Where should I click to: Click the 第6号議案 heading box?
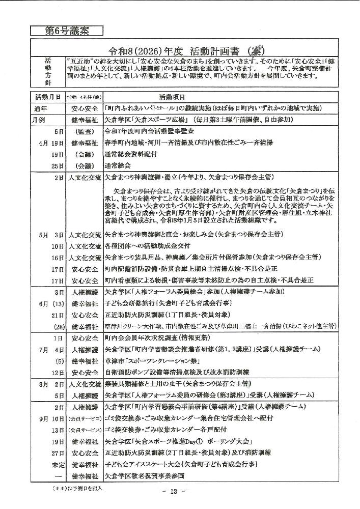67,31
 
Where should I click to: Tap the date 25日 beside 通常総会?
57,166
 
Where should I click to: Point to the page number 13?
174,492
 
